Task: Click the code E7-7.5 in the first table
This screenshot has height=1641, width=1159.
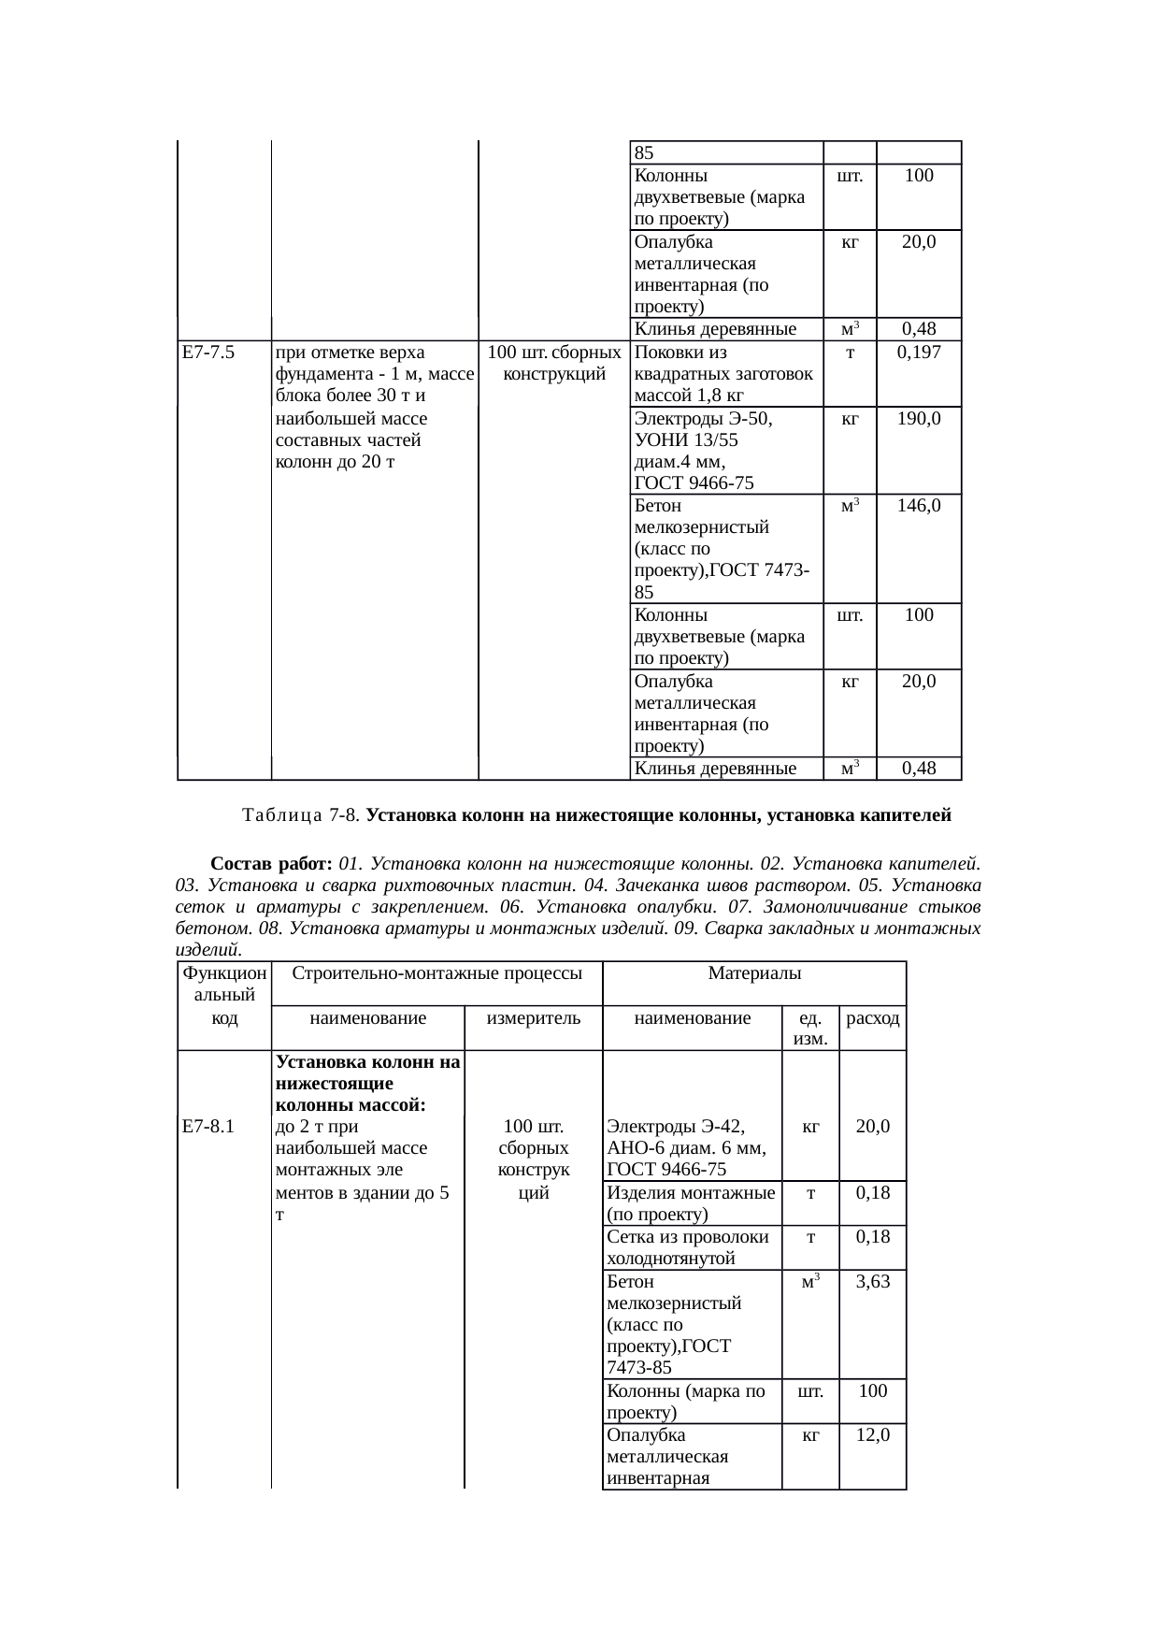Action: click(x=208, y=353)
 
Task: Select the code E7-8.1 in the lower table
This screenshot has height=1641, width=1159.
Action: click(x=208, y=1127)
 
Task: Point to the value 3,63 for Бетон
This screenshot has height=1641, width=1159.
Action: click(x=873, y=1281)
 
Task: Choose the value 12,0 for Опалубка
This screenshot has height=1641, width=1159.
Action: click(x=873, y=1434)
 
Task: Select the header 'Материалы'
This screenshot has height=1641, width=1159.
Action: click(x=754, y=973)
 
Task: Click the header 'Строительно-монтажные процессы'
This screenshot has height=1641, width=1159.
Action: click(x=438, y=973)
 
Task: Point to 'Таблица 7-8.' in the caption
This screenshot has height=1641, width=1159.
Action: click(x=302, y=815)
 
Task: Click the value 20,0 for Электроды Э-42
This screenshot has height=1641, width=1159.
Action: click(x=873, y=1127)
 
